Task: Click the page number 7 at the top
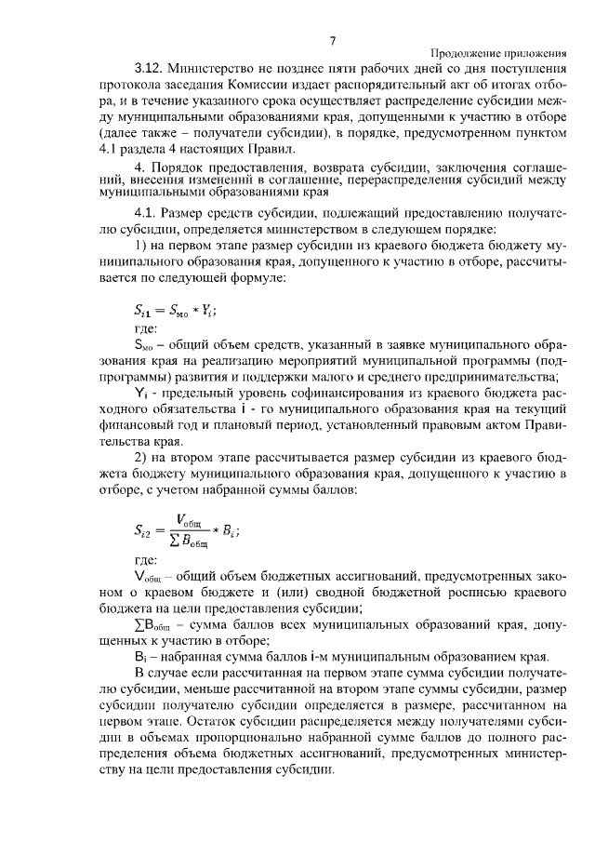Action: coord(332,40)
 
